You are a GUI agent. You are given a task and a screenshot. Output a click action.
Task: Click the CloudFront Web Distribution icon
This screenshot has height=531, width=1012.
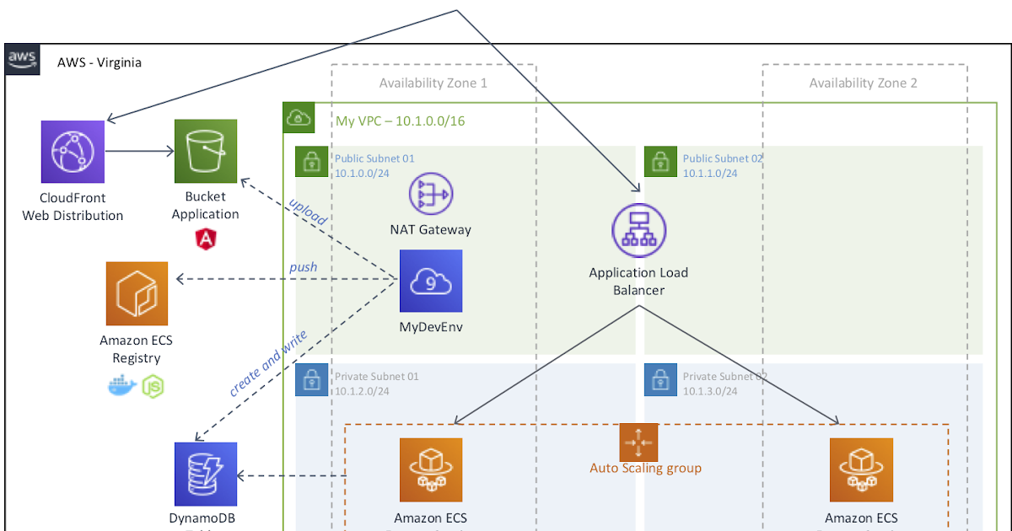pyautogui.click(x=72, y=152)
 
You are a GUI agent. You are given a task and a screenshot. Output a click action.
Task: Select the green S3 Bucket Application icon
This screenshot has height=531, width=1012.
pyautogui.click(x=206, y=151)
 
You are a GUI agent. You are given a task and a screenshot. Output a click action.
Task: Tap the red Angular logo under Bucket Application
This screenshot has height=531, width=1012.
pyautogui.click(x=205, y=239)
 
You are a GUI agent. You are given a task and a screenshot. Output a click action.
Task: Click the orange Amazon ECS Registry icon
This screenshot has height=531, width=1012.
pyautogui.click(x=137, y=293)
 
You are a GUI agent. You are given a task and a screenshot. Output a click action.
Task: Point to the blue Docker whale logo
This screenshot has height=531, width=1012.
pyautogui.click(x=122, y=387)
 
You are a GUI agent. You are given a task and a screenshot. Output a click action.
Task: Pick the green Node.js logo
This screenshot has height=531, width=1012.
pyautogui.click(x=153, y=387)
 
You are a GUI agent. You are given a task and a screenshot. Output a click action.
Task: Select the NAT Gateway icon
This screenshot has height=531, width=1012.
pyautogui.click(x=430, y=194)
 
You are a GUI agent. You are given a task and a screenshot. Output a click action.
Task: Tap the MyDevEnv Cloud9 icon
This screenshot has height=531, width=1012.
pyautogui.click(x=430, y=282)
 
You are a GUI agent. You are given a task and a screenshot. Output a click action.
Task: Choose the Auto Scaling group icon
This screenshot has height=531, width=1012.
pyautogui.click(x=638, y=442)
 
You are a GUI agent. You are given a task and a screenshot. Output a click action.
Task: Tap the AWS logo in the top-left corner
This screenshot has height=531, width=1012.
pyautogui.click(x=23, y=59)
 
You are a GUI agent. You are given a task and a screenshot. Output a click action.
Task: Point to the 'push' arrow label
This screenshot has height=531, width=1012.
pyautogui.click(x=304, y=267)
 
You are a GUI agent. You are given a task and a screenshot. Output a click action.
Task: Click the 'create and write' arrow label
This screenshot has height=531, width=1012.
pyautogui.click(x=268, y=363)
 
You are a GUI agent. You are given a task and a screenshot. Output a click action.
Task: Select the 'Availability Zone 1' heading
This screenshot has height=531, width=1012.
pyautogui.click(x=433, y=83)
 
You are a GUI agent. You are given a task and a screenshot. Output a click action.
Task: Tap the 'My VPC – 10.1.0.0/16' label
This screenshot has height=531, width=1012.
pyautogui.click(x=401, y=121)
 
